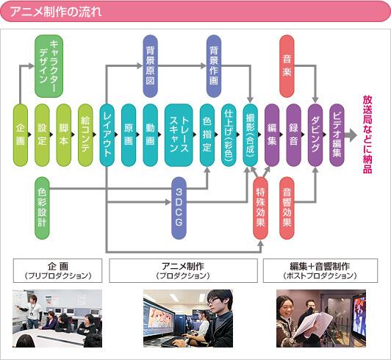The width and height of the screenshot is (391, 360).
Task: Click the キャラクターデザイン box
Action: click(x=49, y=66)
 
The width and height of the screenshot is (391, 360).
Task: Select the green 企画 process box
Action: click(x=21, y=135)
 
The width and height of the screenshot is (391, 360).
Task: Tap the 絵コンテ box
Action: click(x=85, y=135)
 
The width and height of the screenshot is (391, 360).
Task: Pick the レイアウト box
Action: click(x=107, y=135)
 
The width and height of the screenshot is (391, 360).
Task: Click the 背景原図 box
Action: click(x=151, y=66)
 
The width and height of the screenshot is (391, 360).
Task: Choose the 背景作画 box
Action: click(x=214, y=66)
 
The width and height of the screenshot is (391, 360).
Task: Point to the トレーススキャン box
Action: click(x=179, y=135)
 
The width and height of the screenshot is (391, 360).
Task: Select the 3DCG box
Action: click(x=179, y=208)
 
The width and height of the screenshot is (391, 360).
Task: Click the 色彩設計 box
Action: click(x=42, y=208)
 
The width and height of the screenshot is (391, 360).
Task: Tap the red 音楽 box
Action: click(x=287, y=66)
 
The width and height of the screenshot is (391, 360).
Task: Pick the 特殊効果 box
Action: click(x=260, y=208)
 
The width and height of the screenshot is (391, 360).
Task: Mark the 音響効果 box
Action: click(x=287, y=208)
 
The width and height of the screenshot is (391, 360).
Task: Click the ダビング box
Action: click(x=315, y=135)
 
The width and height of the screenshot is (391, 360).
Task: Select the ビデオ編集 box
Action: click(x=337, y=135)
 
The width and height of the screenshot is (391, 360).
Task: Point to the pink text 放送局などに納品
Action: click(x=367, y=134)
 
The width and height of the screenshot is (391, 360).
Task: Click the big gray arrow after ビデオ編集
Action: click(x=351, y=135)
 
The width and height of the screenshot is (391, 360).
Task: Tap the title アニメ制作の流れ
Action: click(x=56, y=12)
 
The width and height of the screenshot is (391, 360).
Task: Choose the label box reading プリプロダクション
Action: click(x=57, y=271)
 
